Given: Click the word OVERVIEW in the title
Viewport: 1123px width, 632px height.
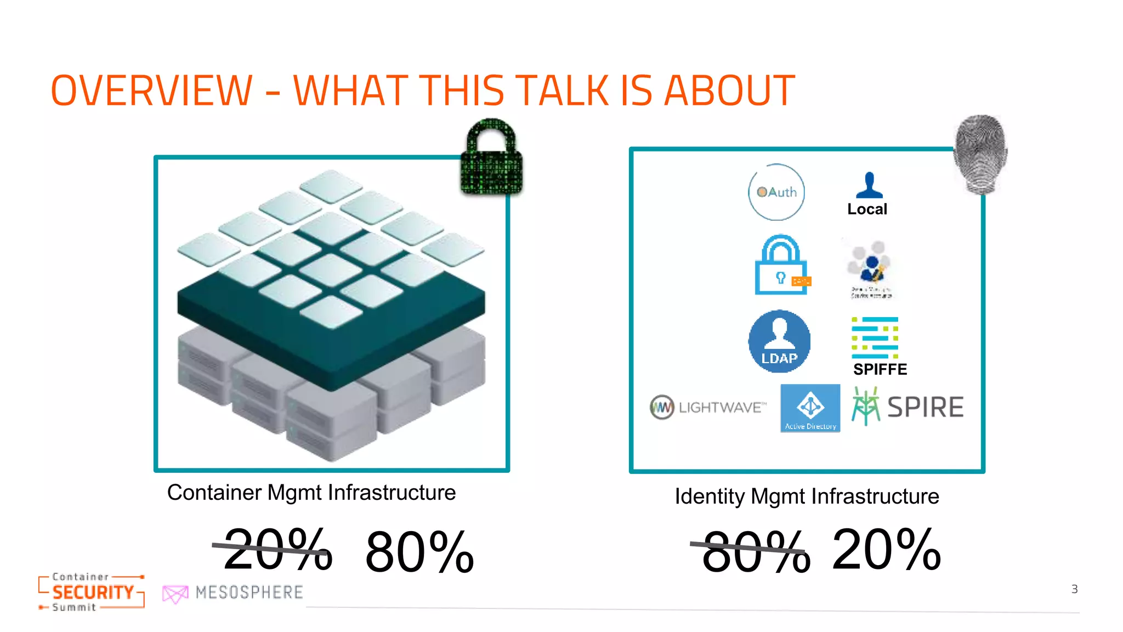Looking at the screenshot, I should pyautogui.click(x=152, y=91).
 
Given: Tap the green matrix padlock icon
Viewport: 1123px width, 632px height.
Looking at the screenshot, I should pyautogui.click(x=491, y=158).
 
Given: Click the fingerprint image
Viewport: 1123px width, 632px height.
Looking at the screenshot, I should pyautogui.click(x=981, y=154).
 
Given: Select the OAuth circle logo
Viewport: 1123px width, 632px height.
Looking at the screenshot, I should pyautogui.click(x=776, y=192).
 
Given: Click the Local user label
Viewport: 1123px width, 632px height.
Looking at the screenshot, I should pyautogui.click(x=867, y=209).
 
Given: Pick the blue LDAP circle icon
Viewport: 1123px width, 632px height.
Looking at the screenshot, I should pyautogui.click(x=779, y=341).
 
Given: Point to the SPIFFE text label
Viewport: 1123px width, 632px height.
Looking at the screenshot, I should pyautogui.click(x=880, y=369).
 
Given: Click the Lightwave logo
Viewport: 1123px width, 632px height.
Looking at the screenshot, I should pyautogui.click(x=708, y=407).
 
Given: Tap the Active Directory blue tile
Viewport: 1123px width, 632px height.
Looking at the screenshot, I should pyautogui.click(x=810, y=408).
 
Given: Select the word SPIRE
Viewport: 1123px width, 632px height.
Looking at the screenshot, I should pyautogui.click(x=925, y=407).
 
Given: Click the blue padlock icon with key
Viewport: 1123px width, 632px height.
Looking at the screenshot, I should pyautogui.click(x=781, y=266).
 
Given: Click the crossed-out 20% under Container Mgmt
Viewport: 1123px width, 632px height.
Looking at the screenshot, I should pyautogui.click(x=277, y=549).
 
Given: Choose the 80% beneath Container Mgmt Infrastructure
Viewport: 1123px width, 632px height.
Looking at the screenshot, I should pyautogui.click(x=419, y=551).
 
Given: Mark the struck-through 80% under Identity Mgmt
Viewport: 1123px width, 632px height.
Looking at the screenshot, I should pyautogui.click(x=756, y=551).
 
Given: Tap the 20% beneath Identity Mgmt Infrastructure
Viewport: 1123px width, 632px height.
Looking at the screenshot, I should pyautogui.click(x=886, y=549).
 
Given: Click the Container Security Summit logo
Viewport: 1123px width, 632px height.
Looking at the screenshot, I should pyautogui.click(x=92, y=591).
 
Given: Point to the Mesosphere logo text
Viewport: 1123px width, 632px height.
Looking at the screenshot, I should pyautogui.click(x=249, y=592).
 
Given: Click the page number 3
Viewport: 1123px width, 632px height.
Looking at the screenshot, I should pyautogui.click(x=1074, y=589).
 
